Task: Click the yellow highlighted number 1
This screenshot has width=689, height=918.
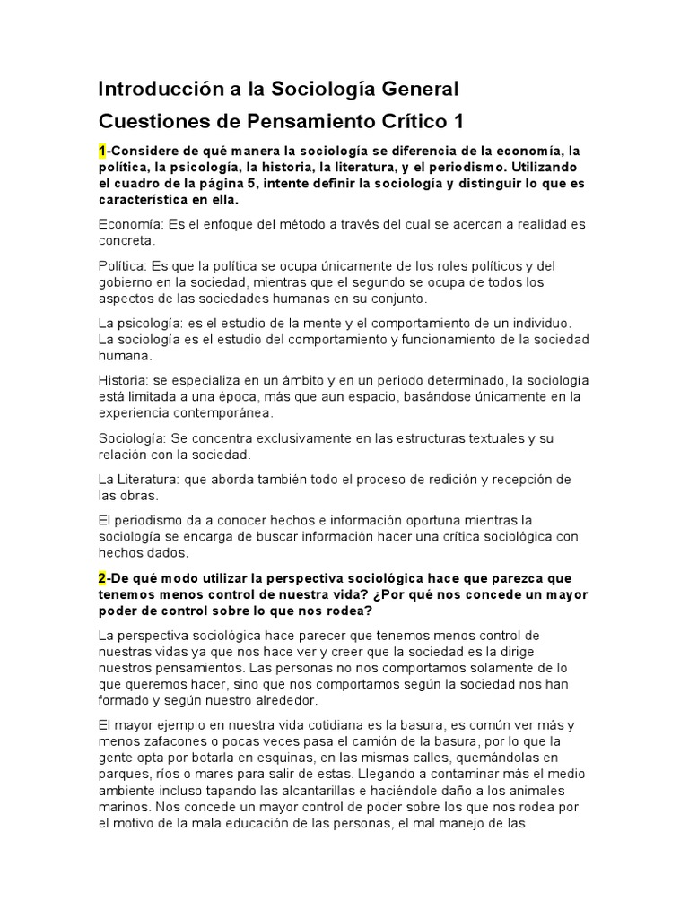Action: coord(102,151)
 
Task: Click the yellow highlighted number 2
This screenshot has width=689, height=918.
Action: coord(102,578)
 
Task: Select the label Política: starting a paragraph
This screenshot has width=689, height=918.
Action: coord(122,265)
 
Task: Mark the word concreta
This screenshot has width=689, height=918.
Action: coord(126,240)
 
